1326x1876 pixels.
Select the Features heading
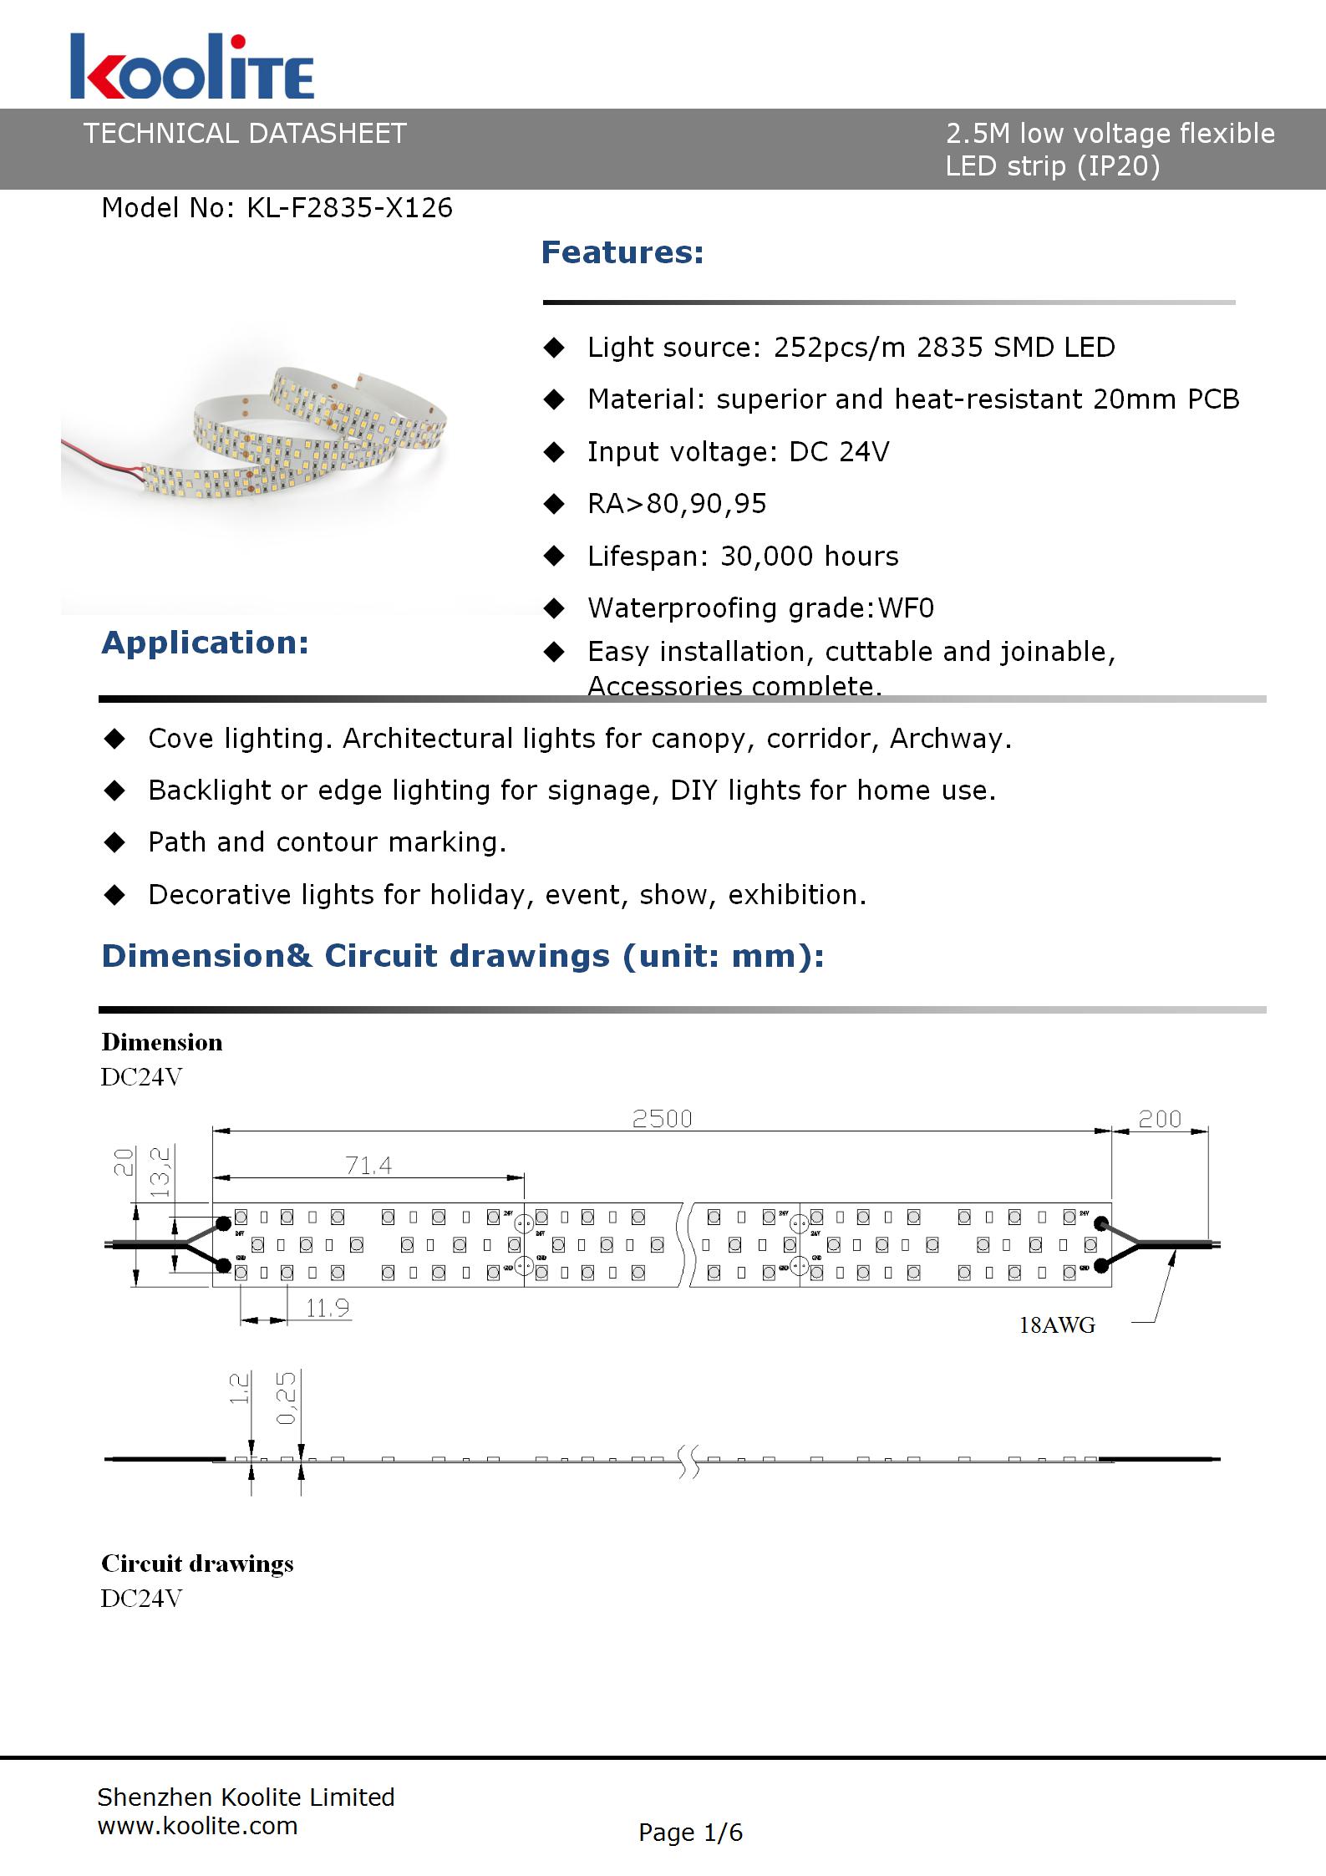(622, 252)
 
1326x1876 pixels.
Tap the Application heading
(205, 643)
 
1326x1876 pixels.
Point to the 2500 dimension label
(662, 1119)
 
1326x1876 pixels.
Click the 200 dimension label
(1160, 1119)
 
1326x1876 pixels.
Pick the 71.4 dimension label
(368, 1165)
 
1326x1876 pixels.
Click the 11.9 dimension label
(327, 1308)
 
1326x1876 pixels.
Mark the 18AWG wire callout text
(1057, 1325)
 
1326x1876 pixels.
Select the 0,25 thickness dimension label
(286, 1398)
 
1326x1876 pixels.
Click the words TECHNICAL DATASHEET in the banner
(244, 134)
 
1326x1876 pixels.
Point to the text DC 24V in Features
(839, 452)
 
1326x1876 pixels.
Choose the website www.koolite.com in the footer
(197, 1826)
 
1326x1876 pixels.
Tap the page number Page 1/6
(690, 1833)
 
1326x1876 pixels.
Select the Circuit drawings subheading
(197, 1563)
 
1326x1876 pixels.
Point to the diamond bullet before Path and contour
(114, 842)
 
